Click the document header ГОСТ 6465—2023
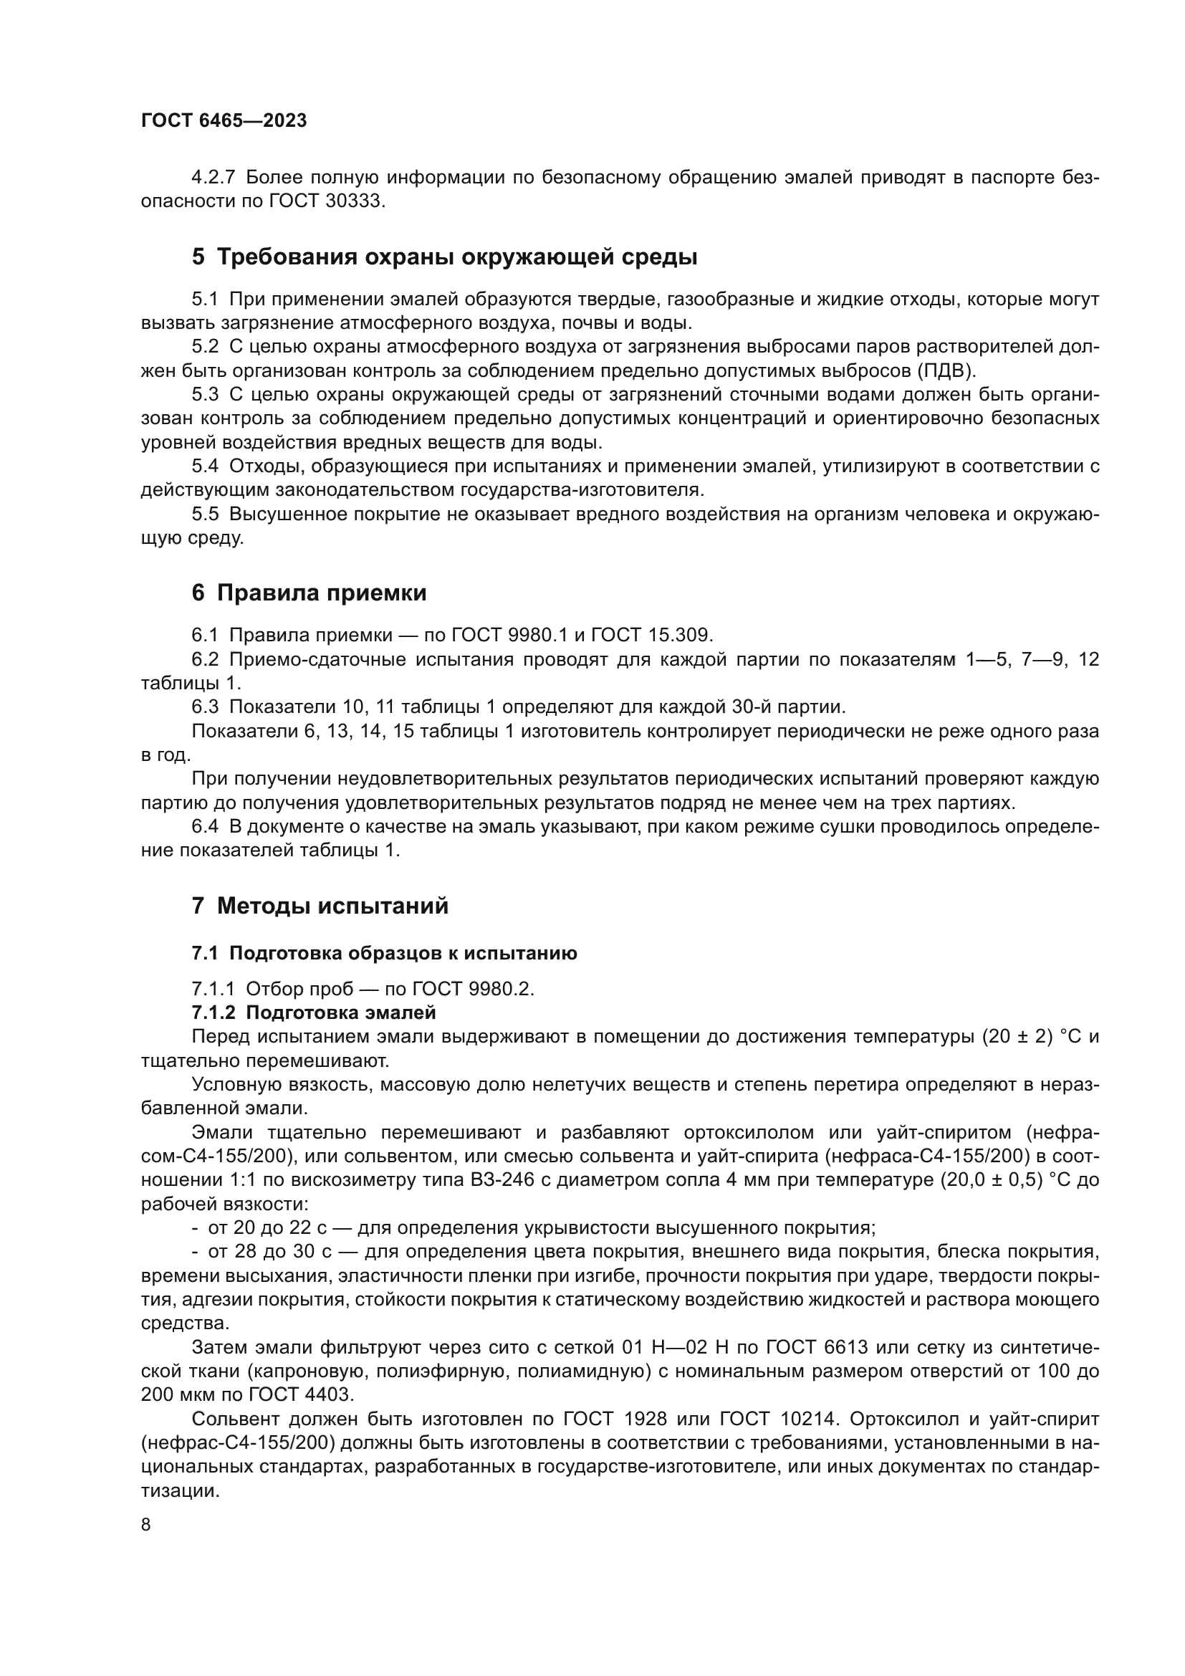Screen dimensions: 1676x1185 (x=224, y=121)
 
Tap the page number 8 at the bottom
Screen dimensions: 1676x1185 (x=146, y=1524)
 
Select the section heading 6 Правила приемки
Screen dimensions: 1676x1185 (x=309, y=593)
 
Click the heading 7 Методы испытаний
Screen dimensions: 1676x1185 (x=320, y=906)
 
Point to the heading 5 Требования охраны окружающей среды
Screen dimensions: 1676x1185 (x=444, y=257)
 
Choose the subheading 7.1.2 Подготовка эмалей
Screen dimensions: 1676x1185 (x=314, y=1012)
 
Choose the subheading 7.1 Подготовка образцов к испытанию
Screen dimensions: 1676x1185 (x=384, y=953)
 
